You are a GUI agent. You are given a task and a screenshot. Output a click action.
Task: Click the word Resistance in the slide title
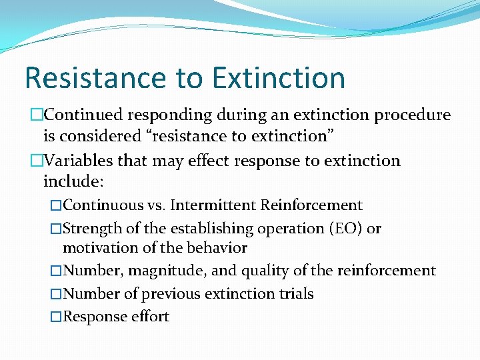tap(95, 77)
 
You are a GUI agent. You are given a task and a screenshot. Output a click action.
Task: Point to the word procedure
tap(413, 115)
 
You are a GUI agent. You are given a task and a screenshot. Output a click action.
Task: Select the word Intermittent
tap(213, 205)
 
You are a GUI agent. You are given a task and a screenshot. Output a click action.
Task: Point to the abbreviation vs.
tap(157, 205)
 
